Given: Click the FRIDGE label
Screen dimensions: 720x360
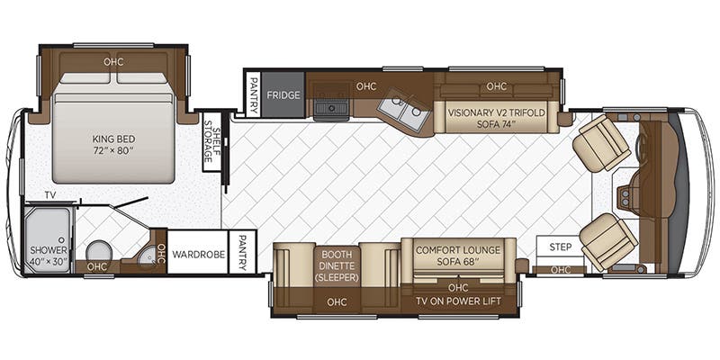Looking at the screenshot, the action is (283, 95).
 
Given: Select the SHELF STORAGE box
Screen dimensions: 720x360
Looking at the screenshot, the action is (211, 142).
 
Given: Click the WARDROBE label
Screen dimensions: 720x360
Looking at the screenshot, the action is (198, 255).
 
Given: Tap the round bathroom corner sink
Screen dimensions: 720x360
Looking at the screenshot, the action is (147, 258).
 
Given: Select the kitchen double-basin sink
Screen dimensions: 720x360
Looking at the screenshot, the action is (403, 112).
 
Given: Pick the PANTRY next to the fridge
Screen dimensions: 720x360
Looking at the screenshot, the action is (253, 94).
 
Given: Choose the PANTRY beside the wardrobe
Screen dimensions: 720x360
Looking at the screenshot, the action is (242, 252).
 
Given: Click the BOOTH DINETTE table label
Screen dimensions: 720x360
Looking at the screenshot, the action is (337, 266).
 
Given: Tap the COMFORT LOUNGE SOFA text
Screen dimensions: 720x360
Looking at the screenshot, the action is (458, 256).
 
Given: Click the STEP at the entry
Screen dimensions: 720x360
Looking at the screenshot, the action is (561, 247).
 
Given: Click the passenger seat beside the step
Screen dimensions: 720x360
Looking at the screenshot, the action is (608, 242).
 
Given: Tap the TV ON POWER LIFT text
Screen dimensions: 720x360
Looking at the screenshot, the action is (458, 301).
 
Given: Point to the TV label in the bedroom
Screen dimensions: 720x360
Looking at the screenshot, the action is (50, 195).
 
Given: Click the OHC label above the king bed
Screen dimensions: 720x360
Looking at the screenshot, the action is (113, 61).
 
